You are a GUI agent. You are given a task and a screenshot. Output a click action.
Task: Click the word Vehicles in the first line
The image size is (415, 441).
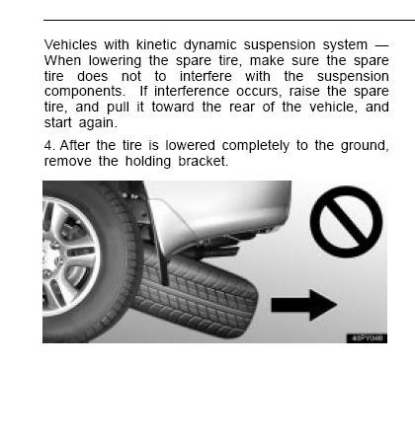click(x=70, y=44)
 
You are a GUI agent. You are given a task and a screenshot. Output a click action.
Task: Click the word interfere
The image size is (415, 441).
click(x=206, y=76)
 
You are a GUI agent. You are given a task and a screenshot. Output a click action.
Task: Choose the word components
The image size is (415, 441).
click(x=85, y=92)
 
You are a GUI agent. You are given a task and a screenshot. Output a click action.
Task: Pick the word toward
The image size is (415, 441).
click(x=173, y=108)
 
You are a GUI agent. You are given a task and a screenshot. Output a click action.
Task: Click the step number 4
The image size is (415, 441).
click(x=49, y=145)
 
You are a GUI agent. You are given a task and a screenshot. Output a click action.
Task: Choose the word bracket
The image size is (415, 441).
click(x=204, y=161)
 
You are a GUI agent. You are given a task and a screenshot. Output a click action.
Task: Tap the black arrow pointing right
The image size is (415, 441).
click(x=303, y=305)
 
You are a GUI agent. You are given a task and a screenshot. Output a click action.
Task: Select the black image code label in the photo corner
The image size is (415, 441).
click(x=367, y=338)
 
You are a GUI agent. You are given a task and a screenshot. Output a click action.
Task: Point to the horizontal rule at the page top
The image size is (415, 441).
click(x=229, y=21)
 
